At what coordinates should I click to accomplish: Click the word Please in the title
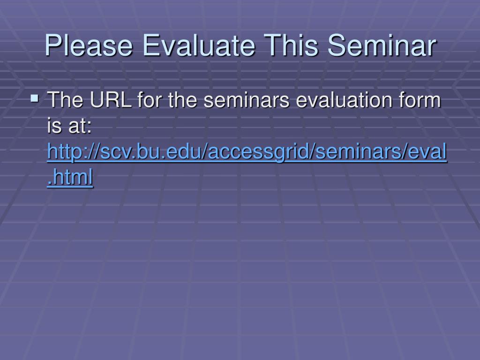(89, 45)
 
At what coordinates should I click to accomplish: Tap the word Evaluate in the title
(199, 45)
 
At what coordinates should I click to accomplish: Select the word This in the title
(291, 45)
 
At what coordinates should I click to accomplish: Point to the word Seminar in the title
(382, 45)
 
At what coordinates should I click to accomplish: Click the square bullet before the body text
(35, 98)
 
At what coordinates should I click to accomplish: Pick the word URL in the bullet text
(111, 100)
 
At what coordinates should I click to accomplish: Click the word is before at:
(54, 126)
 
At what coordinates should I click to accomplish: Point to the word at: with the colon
(80, 126)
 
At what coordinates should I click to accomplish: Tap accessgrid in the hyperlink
(258, 152)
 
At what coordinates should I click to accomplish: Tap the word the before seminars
(182, 100)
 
